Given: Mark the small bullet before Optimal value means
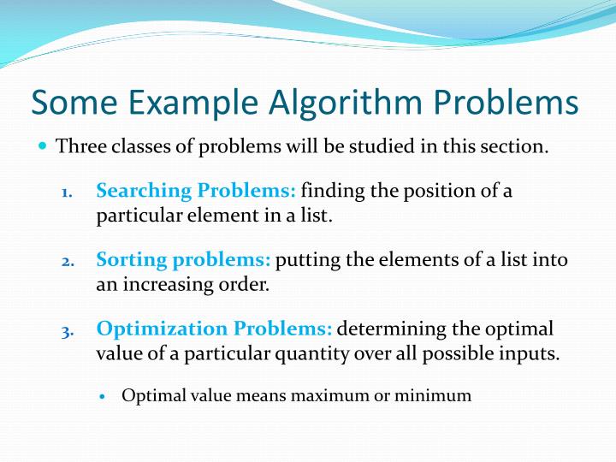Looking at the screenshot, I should (103, 397).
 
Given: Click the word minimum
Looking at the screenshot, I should (441, 395).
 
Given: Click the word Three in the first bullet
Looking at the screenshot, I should (78, 145).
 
